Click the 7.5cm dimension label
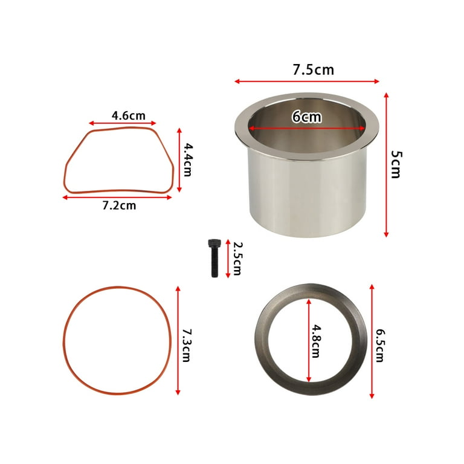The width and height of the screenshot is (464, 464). pyautogui.click(x=313, y=70)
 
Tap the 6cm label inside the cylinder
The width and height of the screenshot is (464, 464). pyautogui.click(x=306, y=117)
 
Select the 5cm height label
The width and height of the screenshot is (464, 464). pyautogui.click(x=396, y=164)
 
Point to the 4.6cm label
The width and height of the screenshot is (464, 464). pyautogui.click(x=129, y=115)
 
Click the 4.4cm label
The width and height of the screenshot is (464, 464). pyautogui.click(x=188, y=159)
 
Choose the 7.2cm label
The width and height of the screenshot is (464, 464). pyautogui.click(x=119, y=205)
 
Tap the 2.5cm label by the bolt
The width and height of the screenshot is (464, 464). pyautogui.click(x=237, y=259)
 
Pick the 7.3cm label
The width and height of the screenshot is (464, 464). pyautogui.click(x=186, y=345)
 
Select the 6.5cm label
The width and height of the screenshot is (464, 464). pyautogui.click(x=380, y=346)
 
